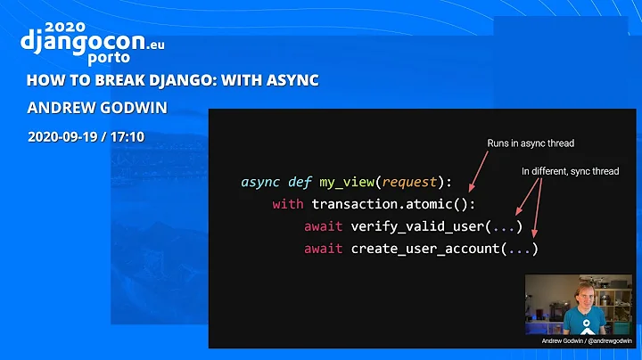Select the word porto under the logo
[110, 58]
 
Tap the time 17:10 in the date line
[128, 137]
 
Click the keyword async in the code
[260, 182]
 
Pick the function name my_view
[345, 182]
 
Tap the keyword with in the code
[288, 204]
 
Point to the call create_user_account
[425, 249]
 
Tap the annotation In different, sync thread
[570, 170]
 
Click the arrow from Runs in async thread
[480, 172]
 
